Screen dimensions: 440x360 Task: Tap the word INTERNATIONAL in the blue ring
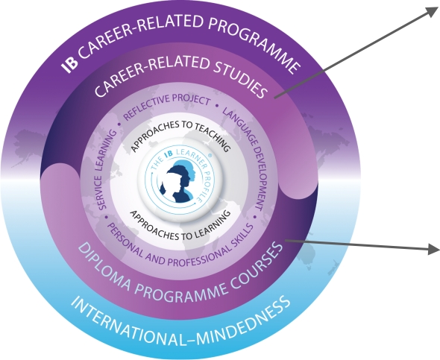(x=122, y=323)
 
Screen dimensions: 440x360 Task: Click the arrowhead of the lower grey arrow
(x=434, y=249)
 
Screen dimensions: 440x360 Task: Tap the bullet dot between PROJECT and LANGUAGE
(x=216, y=106)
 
